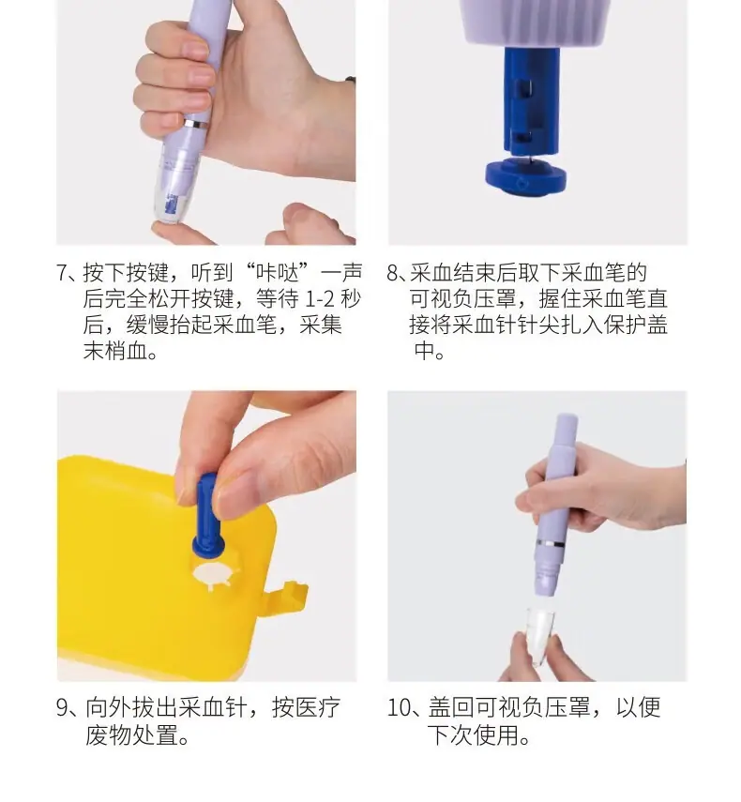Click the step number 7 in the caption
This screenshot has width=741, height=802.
tap(62, 273)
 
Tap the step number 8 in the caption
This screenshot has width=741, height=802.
tap(392, 273)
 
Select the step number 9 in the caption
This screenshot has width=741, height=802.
tap(62, 708)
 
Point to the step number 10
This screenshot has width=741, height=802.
tap(399, 708)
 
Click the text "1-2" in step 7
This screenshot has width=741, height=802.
tap(320, 299)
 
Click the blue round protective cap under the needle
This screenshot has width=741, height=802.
tap(525, 176)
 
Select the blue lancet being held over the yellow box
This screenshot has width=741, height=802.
tap(207, 517)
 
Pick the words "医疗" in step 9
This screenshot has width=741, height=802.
tap(319, 708)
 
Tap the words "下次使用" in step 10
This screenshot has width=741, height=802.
tap(473, 735)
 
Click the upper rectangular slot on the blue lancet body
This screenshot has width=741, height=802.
tap(522, 88)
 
